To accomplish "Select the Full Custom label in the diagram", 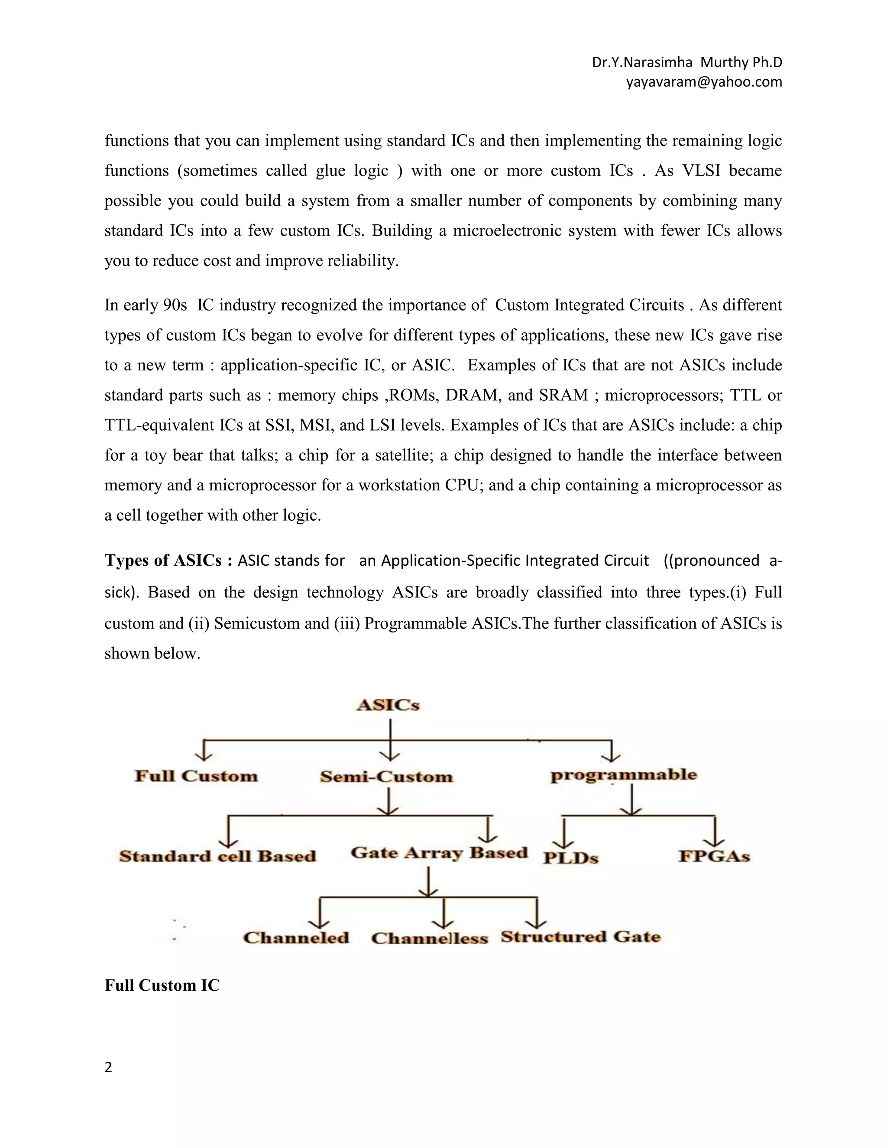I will pos(197,776).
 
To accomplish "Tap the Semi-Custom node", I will pos(386,776).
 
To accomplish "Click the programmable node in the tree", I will pos(623,775).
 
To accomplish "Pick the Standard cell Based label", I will pos(217,856).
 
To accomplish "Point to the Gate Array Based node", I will pos(439,853).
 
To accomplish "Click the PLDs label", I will pos(571,858).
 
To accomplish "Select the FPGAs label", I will pos(714,856).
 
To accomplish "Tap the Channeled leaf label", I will pos(296,938).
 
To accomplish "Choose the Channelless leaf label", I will pos(429,938).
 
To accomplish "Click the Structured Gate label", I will pos(580,937).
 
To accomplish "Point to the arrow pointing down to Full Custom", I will pos(204,751).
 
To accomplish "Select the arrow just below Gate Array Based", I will pos(429,882).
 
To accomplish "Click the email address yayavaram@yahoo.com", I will pos(704,82).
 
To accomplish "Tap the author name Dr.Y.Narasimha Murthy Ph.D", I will pos(687,62).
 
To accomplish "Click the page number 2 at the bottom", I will pos(108,1067).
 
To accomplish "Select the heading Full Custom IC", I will pos(162,985).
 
